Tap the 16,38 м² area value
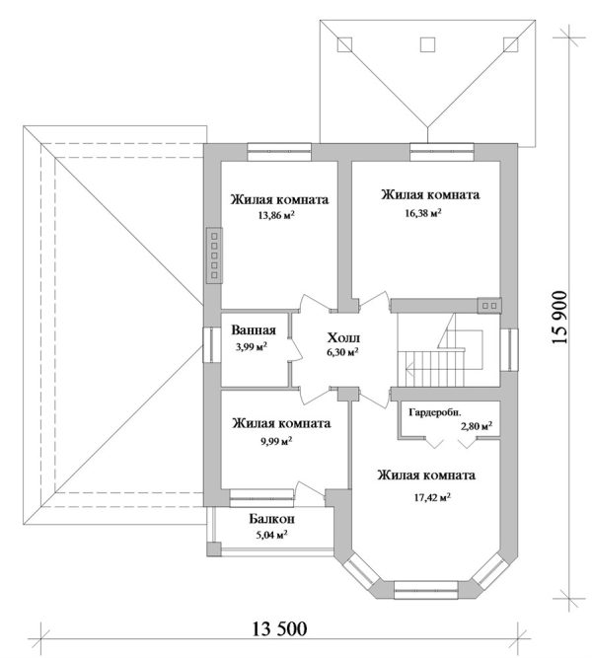(x=426, y=212)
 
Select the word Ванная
(x=254, y=331)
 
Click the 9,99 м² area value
(x=273, y=441)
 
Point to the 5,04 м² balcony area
(x=271, y=535)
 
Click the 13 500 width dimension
(x=280, y=629)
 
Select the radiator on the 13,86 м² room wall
(x=212, y=256)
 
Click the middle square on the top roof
(x=427, y=43)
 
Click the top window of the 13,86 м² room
(x=280, y=150)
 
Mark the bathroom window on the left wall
(x=209, y=345)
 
